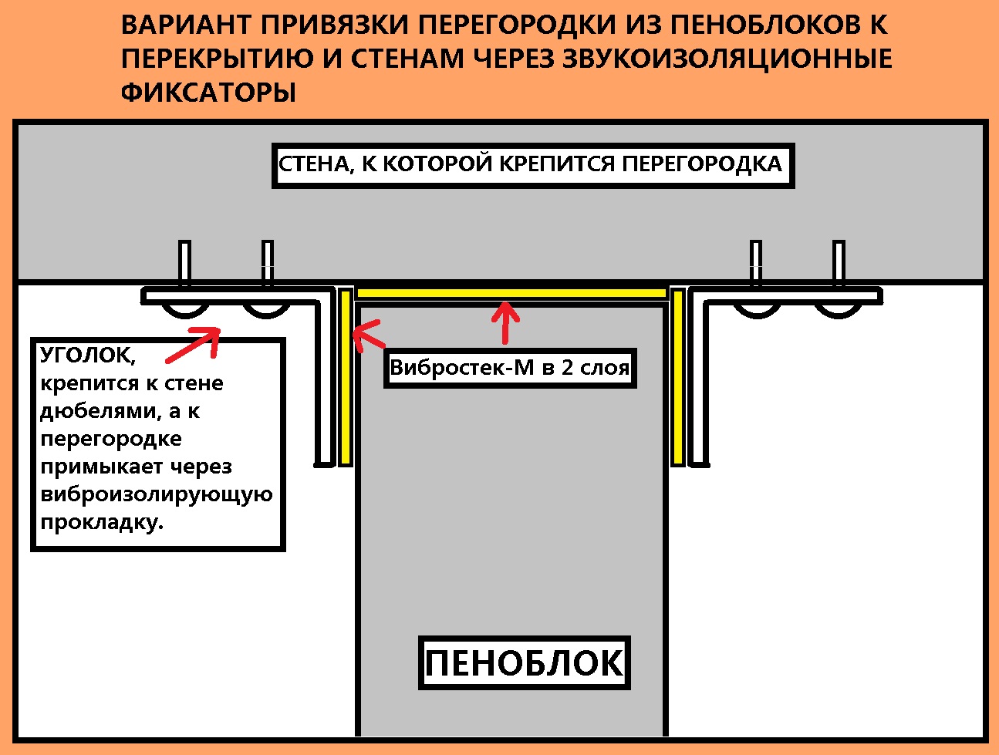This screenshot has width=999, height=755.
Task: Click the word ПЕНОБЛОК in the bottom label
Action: coord(525,663)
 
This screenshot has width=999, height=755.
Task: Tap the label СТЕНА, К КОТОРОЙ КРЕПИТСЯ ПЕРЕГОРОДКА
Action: coord(532,164)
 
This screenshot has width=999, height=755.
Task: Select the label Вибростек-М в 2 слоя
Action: coord(510,368)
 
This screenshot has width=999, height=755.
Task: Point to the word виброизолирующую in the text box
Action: coord(156,494)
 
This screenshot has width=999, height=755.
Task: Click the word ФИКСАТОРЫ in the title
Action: coord(208,93)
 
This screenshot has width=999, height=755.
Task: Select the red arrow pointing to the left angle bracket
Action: coord(193,344)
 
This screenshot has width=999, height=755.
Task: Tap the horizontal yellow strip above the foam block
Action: coord(511,293)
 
